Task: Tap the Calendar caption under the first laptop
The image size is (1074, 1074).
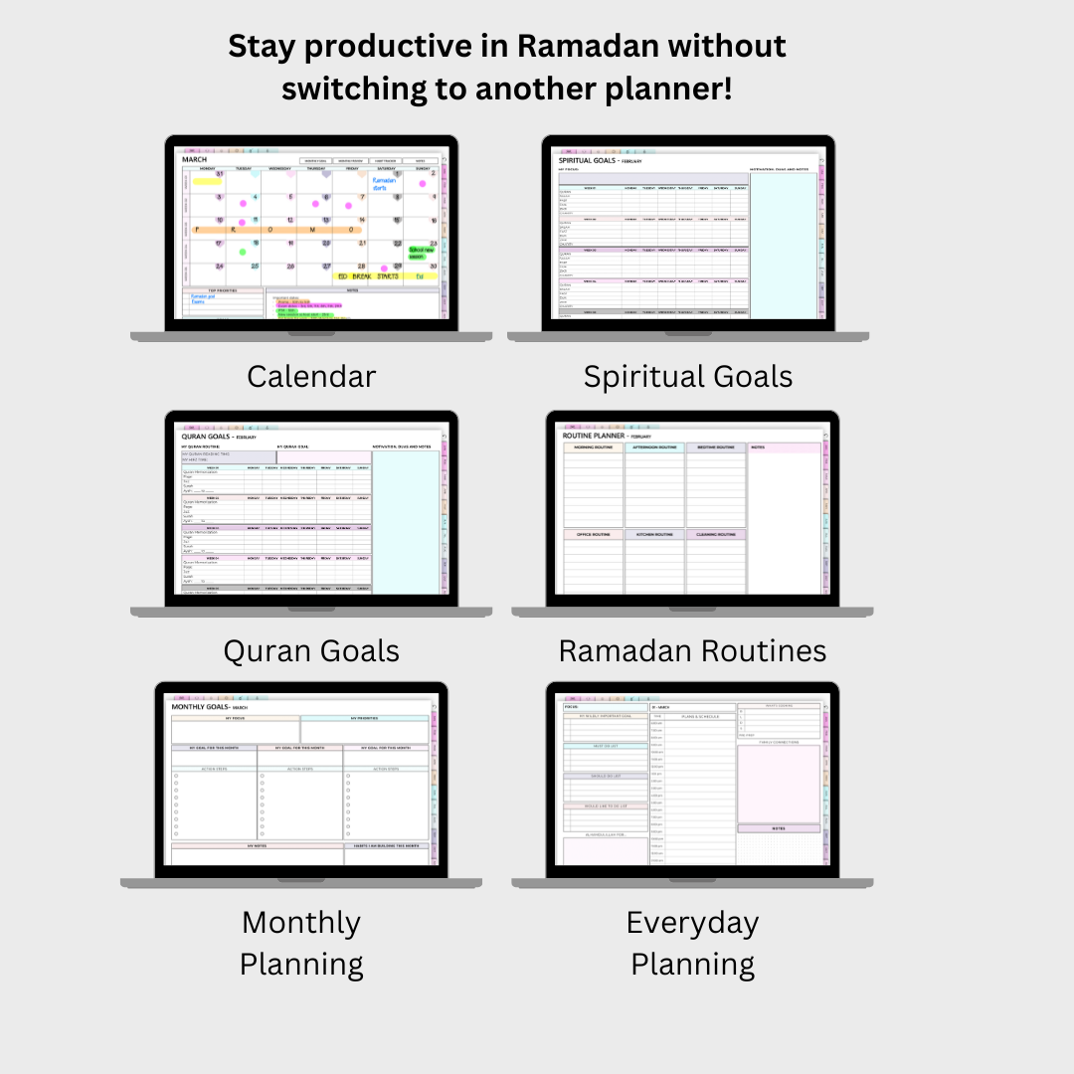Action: tap(311, 376)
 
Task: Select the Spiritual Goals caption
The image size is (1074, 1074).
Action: tap(688, 376)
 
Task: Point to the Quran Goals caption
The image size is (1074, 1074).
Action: tap(311, 650)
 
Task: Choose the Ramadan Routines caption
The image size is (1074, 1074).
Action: tap(692, 650)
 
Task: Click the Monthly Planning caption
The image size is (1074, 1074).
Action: tap(301, 943)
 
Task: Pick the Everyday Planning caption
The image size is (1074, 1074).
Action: tap(692, 943)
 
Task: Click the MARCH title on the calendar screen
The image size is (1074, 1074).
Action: tap(195, 159)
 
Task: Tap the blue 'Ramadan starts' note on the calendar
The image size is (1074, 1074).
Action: tap(384, 185)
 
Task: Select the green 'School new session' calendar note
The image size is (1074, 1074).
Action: tap(423, 253)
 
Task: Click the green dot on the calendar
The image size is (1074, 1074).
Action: tap(242, 252)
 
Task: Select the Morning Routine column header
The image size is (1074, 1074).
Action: tap(594, 447)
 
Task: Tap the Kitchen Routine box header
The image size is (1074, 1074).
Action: tap(654, 535)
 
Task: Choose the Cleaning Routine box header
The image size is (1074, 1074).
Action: tap(715, 535)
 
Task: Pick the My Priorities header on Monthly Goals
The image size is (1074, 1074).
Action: tap(364, 717)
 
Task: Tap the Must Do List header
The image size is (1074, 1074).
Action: tap(592, 746)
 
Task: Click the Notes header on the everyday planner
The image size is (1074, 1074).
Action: tap(779, 827)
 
